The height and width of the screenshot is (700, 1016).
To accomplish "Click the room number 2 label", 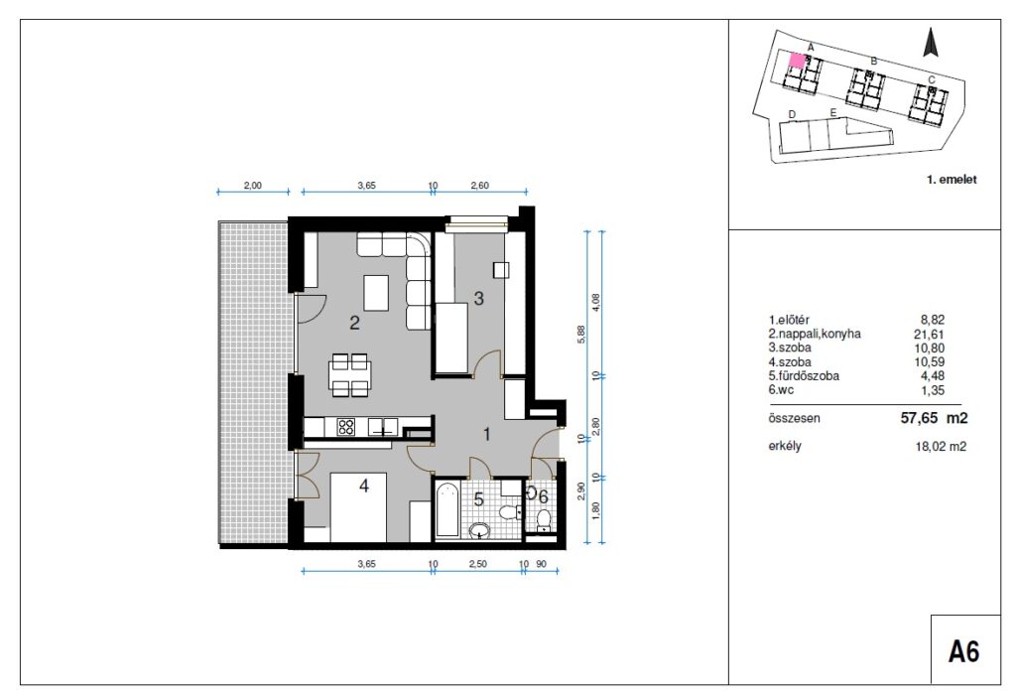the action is click(354, 323).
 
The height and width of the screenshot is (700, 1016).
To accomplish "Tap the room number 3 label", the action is click(479, 298).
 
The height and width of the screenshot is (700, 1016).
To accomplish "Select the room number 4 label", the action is click(364, 485).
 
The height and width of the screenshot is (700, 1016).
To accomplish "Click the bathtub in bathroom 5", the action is click(446, 509).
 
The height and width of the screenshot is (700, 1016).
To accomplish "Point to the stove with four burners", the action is click(346, 427).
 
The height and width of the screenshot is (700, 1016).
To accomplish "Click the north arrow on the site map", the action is click(931, 44).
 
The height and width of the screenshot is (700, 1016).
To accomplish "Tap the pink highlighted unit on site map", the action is click(797, 61).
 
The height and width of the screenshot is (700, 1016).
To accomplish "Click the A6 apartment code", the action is click(963, 650).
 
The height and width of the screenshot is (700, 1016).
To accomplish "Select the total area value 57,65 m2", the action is click(934, 418).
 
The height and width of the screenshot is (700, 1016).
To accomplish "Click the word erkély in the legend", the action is click(785, 446).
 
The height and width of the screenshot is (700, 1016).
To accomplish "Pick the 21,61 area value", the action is click(933, 335).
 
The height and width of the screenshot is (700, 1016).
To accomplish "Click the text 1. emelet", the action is click(952, 180).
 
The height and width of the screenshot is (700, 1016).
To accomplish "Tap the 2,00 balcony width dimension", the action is click(253, 186).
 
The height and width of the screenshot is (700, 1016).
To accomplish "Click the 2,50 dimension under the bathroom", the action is click(477, 564).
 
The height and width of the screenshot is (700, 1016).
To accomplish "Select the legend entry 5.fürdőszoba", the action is click(804, 376).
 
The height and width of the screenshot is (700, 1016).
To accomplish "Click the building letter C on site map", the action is click(931, 79).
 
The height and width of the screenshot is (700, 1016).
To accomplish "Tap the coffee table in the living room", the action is click(376, 293).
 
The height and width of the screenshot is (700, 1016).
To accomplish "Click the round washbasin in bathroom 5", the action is click(479, 531).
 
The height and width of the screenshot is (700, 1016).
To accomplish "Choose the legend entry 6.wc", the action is click(781, 390).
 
